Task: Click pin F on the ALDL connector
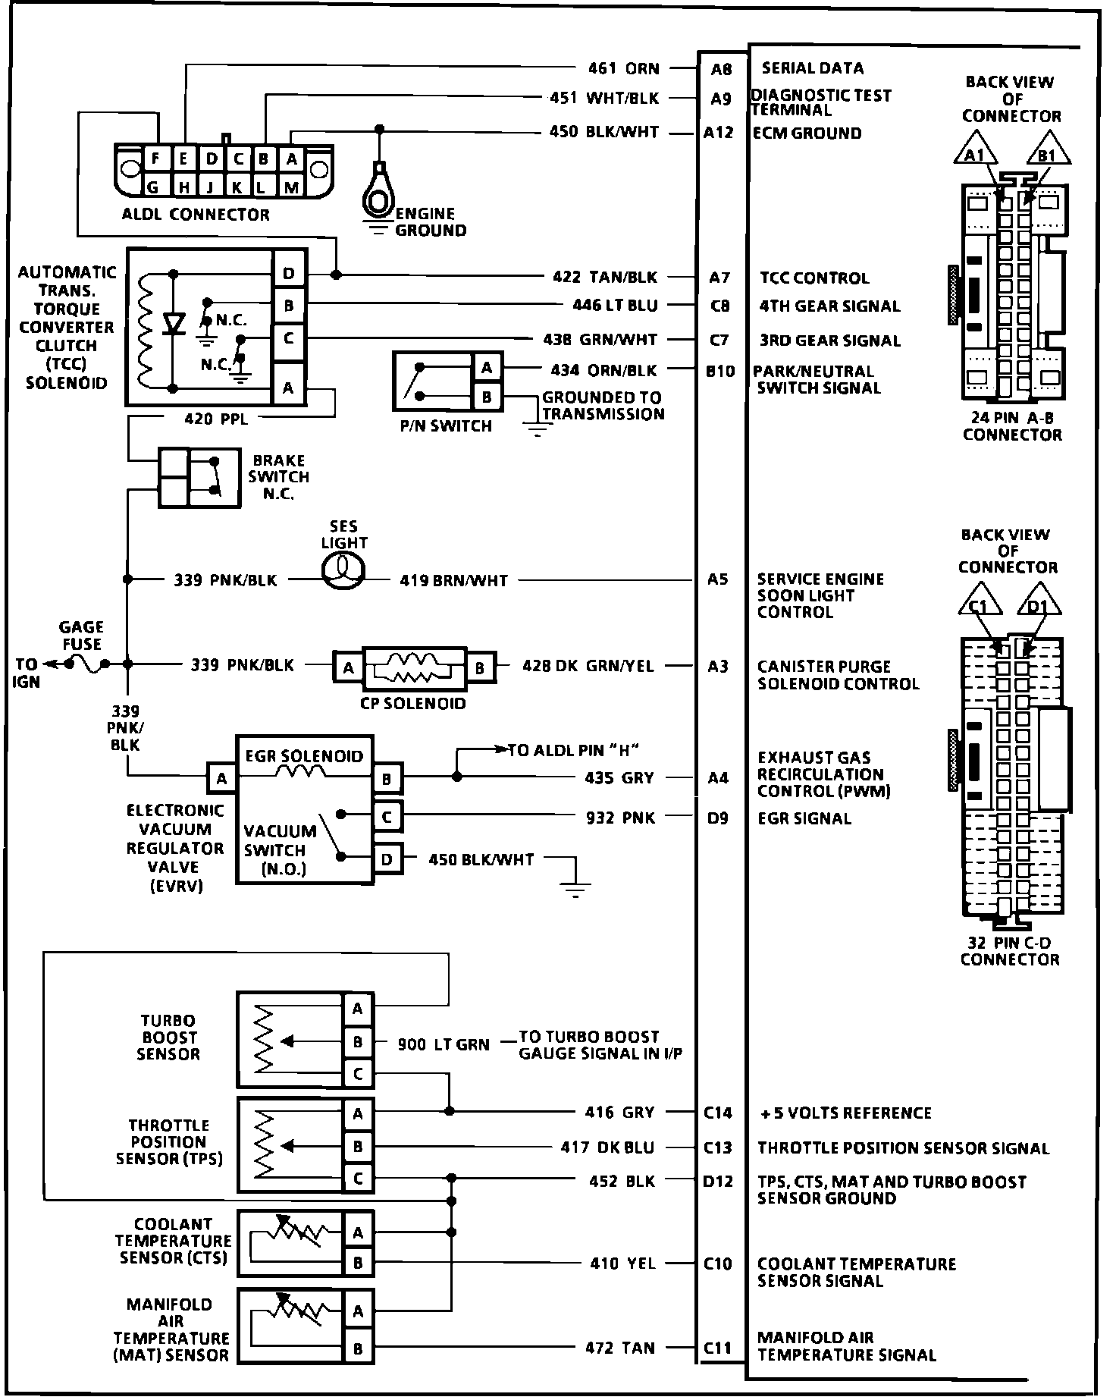(x=156, y=159)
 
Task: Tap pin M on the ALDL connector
(x=291, y=187)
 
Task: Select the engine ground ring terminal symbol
(x=378, y=194)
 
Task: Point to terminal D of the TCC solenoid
(x=289, y=274)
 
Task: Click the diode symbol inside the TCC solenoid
(x=174, y=324)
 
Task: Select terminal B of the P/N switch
(x=486, y=396)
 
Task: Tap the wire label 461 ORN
(x=624, y=69)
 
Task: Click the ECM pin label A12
(x=719, y=133)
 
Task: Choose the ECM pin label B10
(x=719, y=371)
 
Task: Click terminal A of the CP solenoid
(x=348, y=667)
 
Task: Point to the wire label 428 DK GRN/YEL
(x=588, y=666)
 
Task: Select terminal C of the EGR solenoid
(x=387, y=817)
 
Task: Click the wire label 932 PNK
(x=620, y=818)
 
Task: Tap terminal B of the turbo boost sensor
(x=357, y=1042)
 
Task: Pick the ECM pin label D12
(x=717, y=1181)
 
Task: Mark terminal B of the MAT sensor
(x=357, y=1348)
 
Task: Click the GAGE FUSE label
(x=81, y=636)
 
